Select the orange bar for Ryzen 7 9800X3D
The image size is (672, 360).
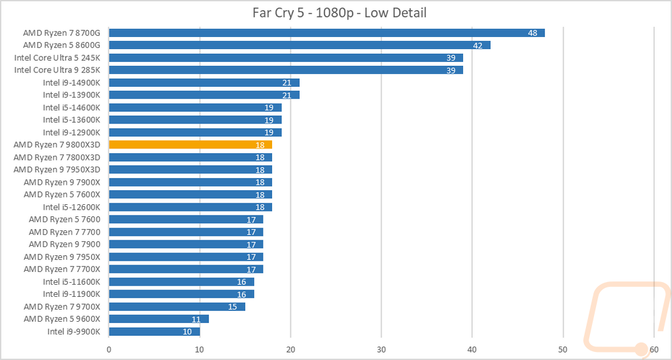190,144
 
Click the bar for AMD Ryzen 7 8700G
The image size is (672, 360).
327,32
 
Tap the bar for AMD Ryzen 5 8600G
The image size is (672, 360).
300,45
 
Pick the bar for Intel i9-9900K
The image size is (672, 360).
155,331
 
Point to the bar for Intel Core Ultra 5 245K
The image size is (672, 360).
286,58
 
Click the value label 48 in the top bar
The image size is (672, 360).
533,33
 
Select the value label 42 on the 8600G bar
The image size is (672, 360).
478,46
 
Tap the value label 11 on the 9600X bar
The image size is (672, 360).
196,319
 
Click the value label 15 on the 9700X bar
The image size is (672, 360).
233,307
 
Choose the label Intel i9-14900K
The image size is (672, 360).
72,83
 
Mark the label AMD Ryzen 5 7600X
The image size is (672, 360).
62,194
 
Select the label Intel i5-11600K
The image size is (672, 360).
72,281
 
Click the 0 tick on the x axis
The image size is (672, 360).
110,349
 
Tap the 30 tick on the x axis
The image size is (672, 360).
382,349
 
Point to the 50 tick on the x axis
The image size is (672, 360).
563,349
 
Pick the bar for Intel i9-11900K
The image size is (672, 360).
181,294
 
